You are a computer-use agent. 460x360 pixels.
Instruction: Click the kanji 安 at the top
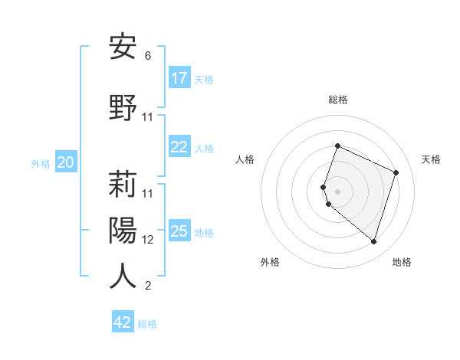point(123,47)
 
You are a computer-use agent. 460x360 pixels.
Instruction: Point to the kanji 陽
point(123,230)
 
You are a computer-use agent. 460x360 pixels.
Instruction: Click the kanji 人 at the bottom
point(123,276)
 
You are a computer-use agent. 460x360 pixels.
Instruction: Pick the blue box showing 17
point(179,78)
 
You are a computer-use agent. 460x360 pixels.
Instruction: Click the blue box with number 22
point(179,148)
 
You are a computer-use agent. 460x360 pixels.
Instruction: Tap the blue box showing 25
point(179,231)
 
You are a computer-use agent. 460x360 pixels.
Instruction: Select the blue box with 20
point(66,162)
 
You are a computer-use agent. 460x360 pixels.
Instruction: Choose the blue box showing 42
point(123,322)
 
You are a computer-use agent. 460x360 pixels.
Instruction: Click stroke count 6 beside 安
point(148,56)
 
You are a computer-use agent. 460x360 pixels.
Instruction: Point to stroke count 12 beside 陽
point(148,239)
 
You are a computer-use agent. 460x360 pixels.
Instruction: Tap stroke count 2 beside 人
point(148,286)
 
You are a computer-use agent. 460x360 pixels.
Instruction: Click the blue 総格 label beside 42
point(147,324)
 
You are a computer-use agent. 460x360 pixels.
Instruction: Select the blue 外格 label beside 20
point(41,164)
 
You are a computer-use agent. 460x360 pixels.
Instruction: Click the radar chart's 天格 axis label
point(431,159)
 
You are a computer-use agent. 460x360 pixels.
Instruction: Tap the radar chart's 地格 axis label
point(402,262)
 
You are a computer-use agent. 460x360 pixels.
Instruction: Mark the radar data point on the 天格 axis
point(396,172)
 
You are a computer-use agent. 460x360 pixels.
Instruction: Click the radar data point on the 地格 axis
point(373,241)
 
